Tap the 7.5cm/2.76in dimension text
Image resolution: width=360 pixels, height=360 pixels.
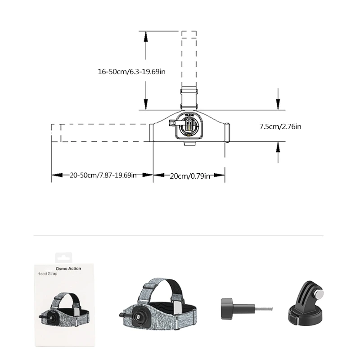point(280,126)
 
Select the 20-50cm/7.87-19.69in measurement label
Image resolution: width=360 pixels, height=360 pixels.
point(103,175)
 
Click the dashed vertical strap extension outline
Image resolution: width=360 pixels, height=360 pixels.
point(189,58)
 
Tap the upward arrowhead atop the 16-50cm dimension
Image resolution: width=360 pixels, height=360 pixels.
point(145,36)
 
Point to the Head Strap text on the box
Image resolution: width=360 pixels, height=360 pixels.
point(48,274)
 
